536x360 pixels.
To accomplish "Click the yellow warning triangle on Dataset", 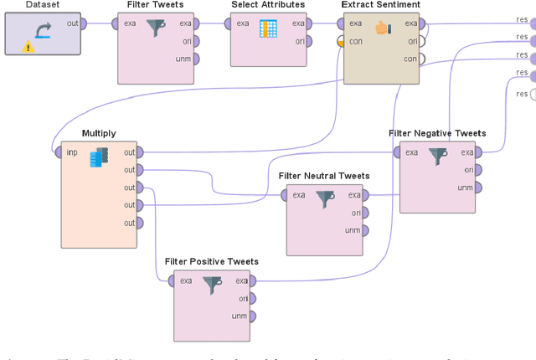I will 29,47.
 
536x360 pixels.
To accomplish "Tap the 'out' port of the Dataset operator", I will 85,23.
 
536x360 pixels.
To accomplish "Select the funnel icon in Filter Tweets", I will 156,29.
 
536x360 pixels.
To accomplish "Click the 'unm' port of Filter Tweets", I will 195,59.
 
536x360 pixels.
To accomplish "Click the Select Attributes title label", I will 268,5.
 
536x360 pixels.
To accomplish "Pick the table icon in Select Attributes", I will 268,29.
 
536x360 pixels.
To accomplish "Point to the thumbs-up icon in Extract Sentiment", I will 383,29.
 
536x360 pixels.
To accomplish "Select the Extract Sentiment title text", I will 381,5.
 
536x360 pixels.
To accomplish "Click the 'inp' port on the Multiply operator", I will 52,152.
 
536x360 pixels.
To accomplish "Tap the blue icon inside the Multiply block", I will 99,157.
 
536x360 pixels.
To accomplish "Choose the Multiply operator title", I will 99,133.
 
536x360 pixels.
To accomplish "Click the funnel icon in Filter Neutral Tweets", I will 325,199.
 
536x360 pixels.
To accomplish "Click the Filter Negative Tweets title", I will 437,133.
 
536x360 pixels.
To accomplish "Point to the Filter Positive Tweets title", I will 212,261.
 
